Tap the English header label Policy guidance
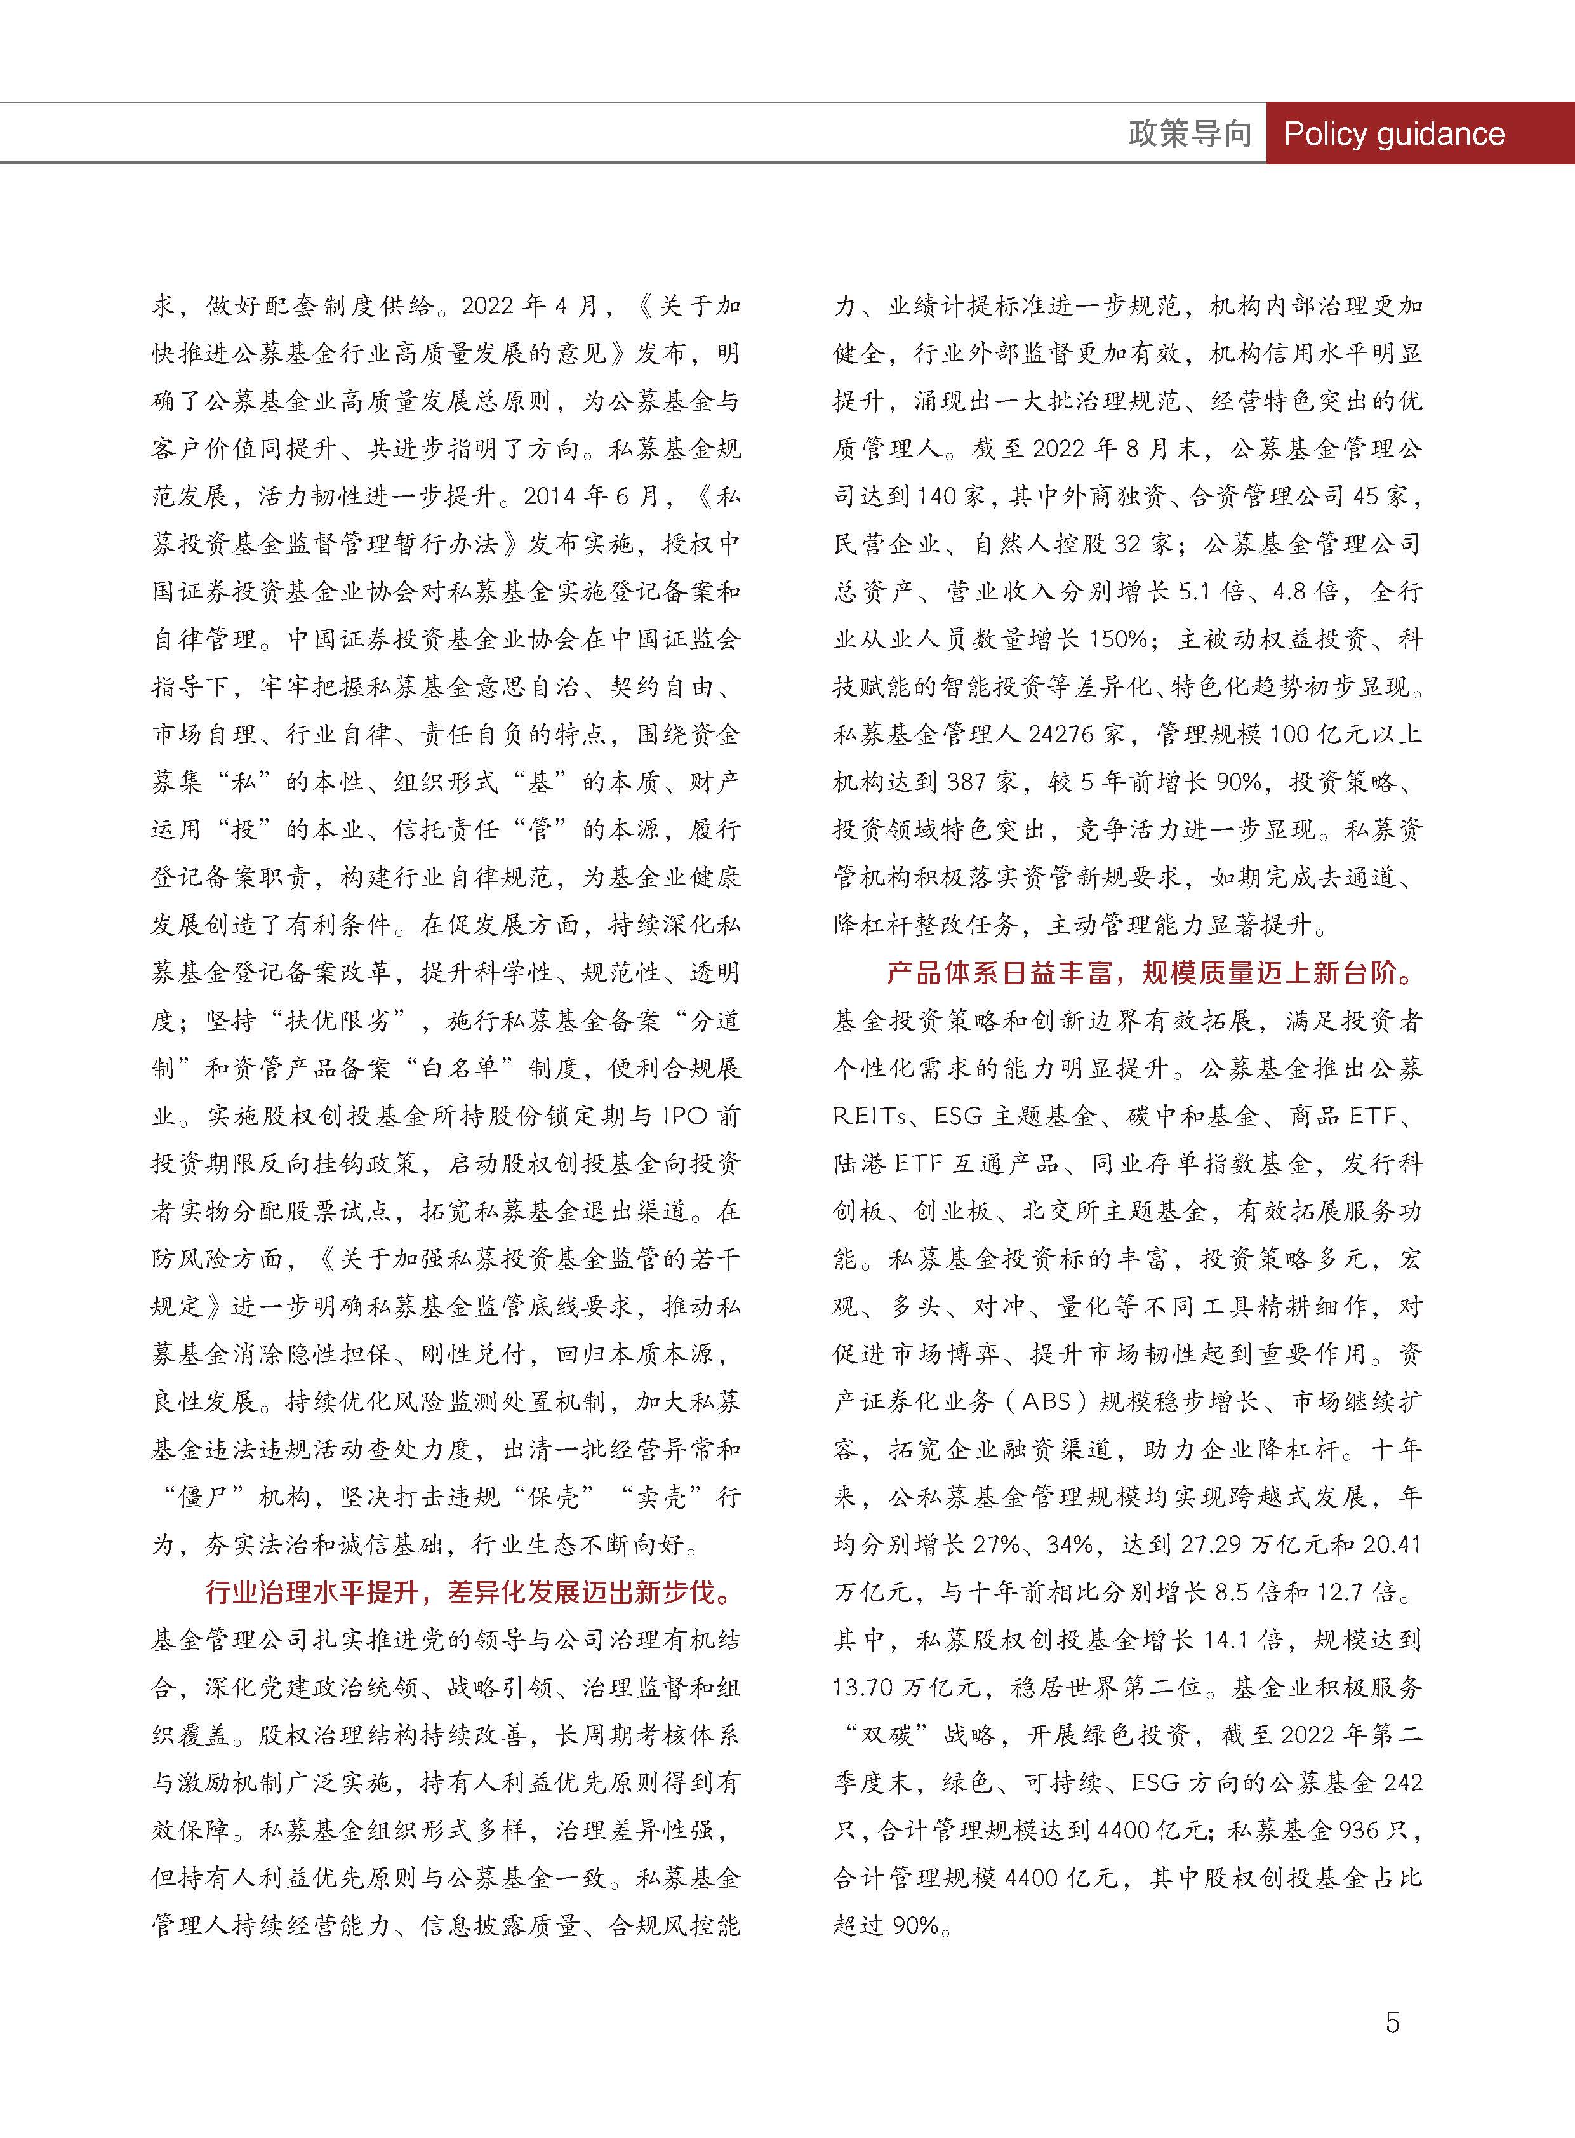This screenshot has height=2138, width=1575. coord(1394,133)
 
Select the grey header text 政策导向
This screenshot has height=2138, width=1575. coord(1189,133)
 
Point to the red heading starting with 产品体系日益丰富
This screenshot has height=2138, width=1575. coord(1151,973)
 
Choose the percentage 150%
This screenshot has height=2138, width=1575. coord(1117,639)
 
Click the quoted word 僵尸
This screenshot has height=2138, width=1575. coord(204,1497)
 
